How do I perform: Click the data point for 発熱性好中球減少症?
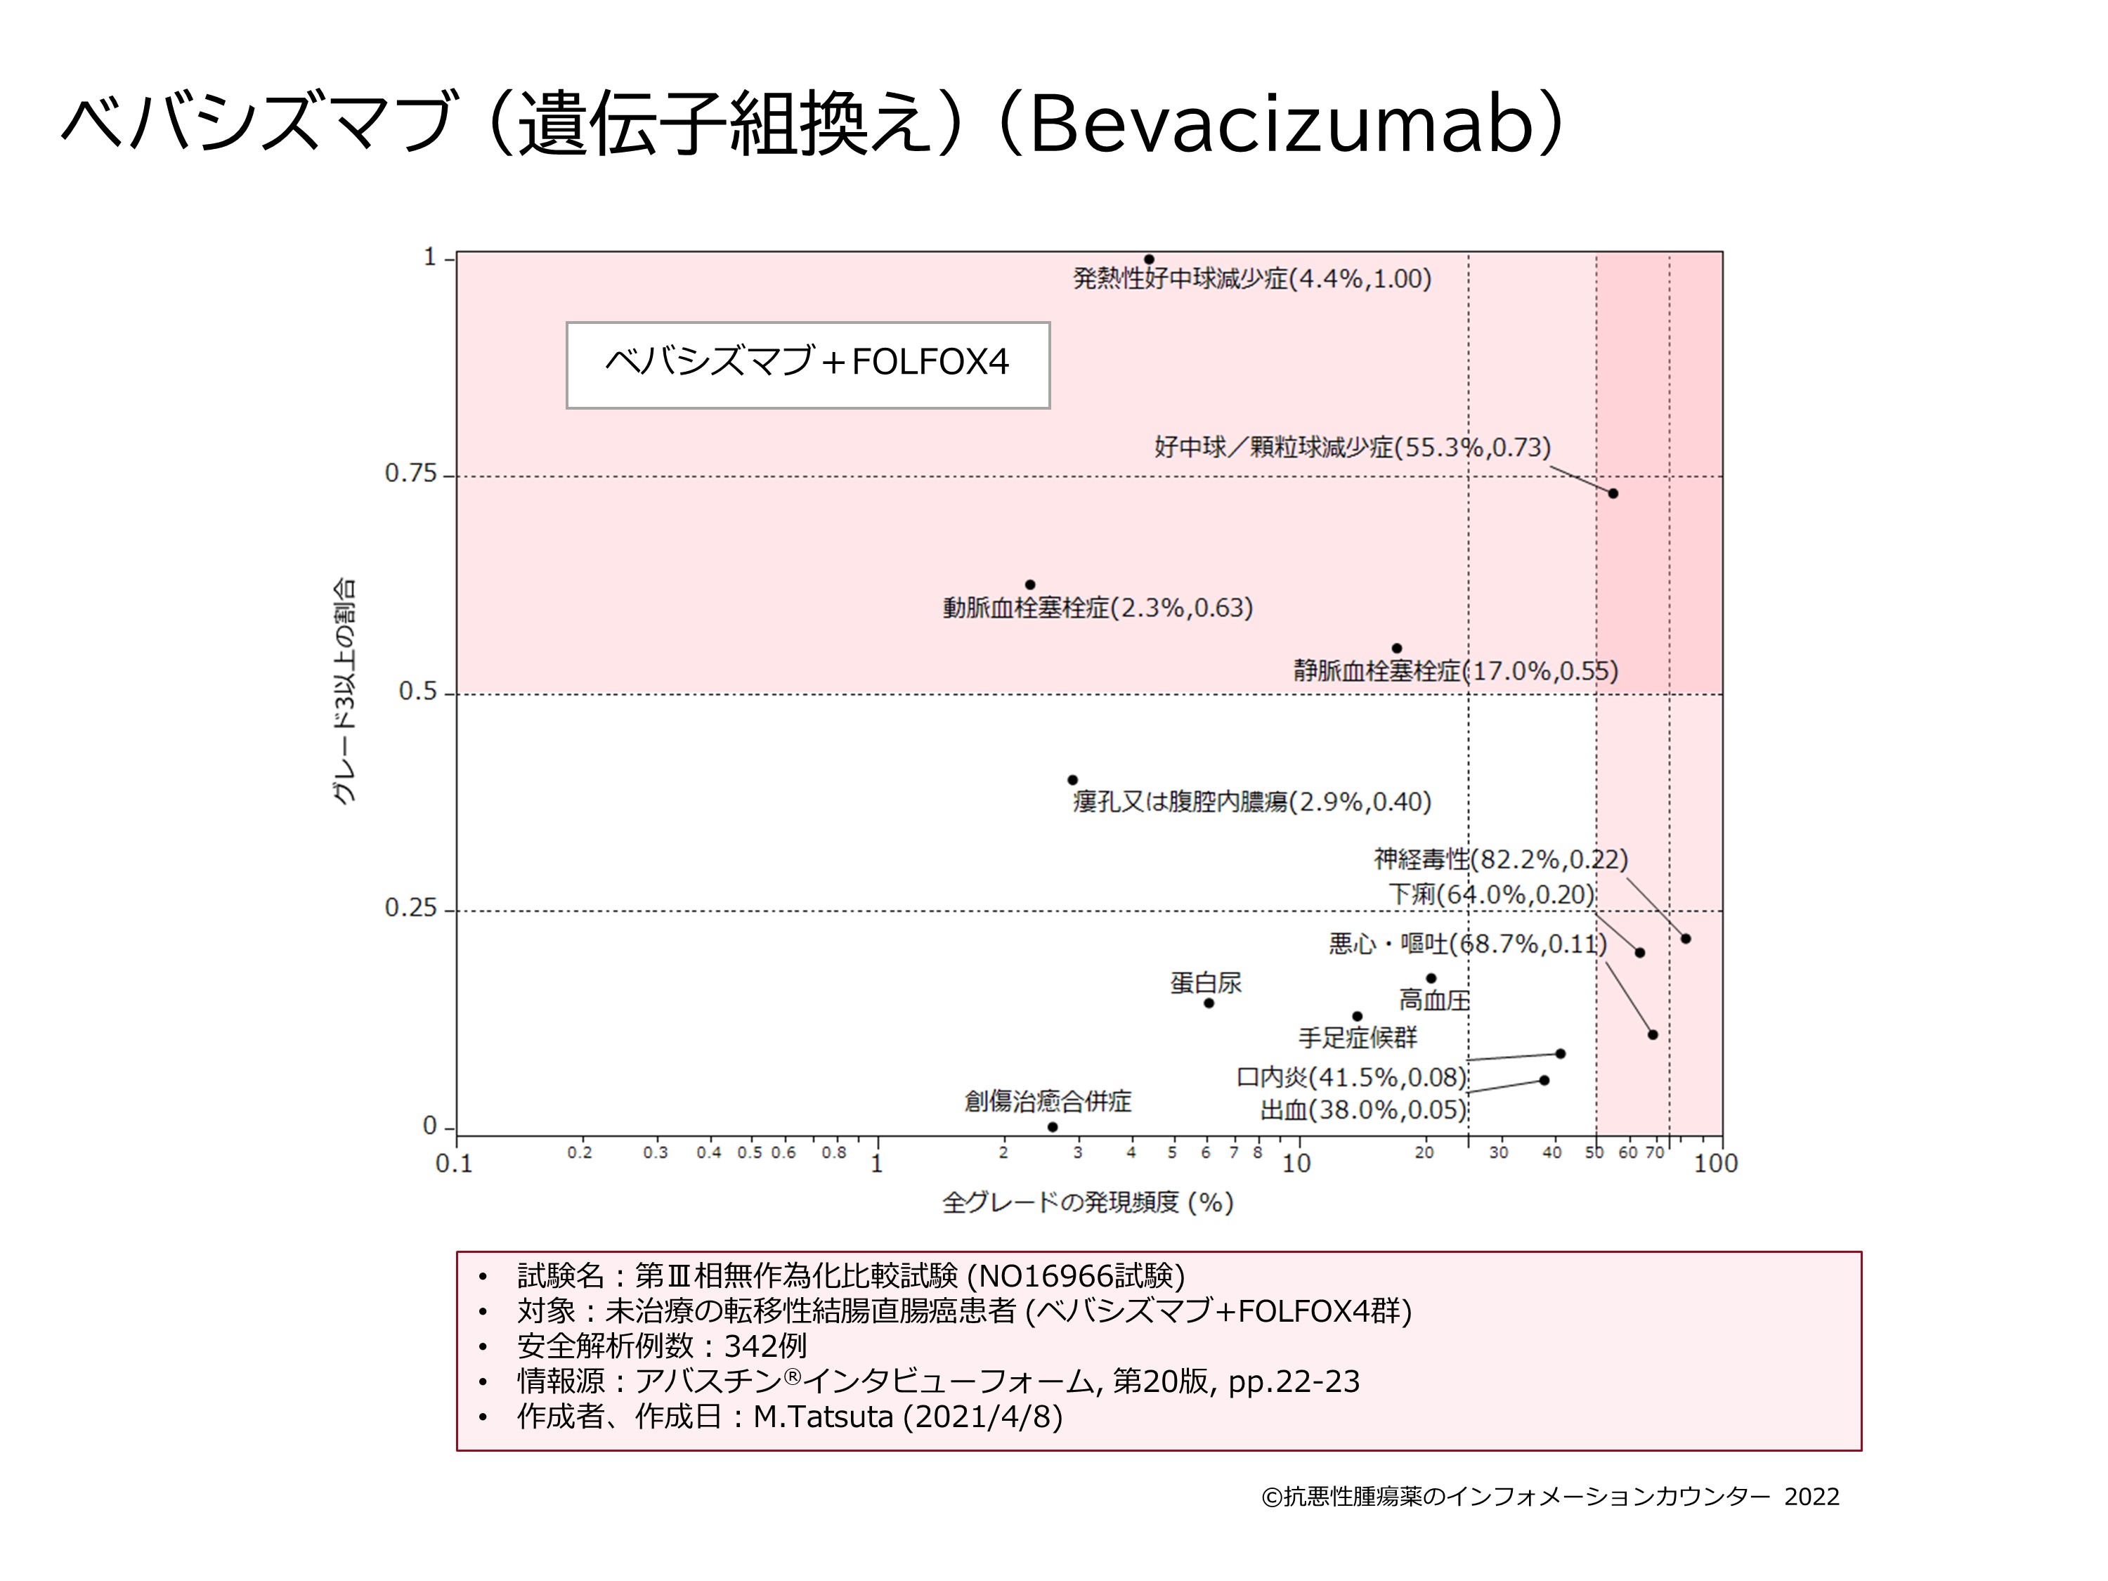1150,259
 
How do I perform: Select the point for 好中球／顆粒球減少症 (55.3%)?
1613,494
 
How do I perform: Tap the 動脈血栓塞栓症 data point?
1030,585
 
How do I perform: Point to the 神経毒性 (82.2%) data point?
1686,939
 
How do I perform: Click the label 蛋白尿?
1206,982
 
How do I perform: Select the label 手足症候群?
1358,1038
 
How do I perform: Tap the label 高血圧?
1434,1001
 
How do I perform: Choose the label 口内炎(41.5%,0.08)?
1351,1078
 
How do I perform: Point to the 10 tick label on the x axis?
1296,1164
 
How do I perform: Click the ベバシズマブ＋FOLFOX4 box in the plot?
808,365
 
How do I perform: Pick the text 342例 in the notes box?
765,1346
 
